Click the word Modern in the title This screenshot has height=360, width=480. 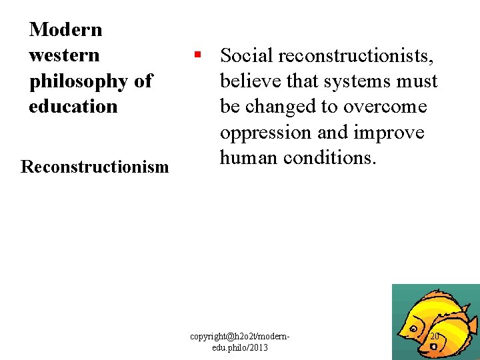(66, 29)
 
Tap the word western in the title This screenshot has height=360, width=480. (64, 55)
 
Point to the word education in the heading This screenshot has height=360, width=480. (73, 107)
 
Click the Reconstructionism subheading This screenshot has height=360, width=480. (95, 167)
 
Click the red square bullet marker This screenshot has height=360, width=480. (197, 55)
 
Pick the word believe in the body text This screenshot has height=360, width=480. (251, 81)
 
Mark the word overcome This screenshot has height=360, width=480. (385, 107)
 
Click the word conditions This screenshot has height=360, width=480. (331, 158)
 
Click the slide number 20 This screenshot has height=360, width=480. (435, 336)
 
